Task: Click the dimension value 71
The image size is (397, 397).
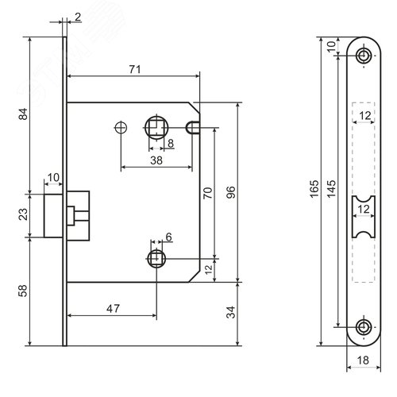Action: coord(135,70)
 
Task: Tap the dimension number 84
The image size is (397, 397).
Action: coord(23,114)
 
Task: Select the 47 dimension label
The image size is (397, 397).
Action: coord(113,309)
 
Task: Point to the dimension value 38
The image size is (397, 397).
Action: coord(156,160)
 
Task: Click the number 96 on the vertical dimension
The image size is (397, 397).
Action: coord(231,192)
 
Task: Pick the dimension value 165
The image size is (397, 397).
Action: coord(314,189)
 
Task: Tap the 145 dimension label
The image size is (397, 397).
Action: coord(331,189)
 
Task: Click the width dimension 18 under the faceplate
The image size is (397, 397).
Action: coord(363,360)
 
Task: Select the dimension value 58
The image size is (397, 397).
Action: coord(23,291)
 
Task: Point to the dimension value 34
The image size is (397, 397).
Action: coord(231,312)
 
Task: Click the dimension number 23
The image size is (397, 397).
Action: coord(23,214)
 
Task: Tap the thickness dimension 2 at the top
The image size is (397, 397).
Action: coord(78,17)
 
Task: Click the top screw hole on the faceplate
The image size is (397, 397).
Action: coord(364,56)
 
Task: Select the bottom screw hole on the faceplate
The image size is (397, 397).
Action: coord(364,327)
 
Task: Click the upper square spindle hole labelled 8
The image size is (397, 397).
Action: coord(156,128)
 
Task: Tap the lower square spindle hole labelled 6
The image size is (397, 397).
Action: coord(156,258)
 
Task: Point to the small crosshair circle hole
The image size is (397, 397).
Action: coord(121,128)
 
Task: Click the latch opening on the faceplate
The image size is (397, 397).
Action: coord(364,217)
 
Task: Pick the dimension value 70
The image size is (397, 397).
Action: coord(208,193)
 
